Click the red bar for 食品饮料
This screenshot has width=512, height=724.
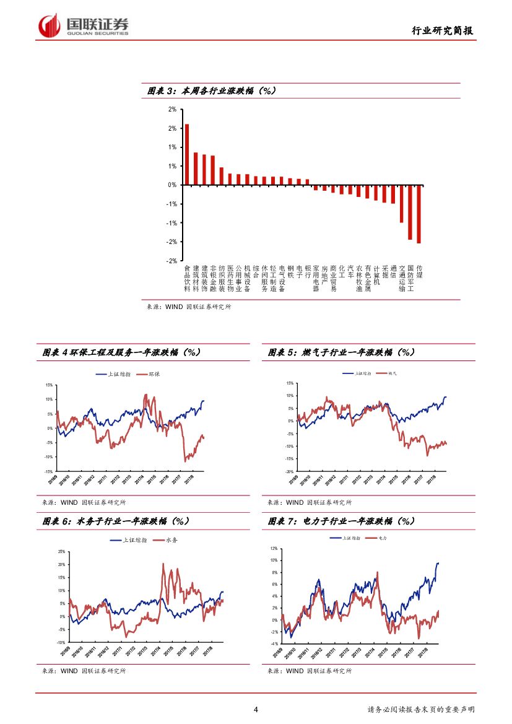pos(187,154)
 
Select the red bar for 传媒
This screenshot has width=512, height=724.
pos(419,214)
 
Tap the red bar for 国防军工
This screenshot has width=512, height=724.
pos(410,212)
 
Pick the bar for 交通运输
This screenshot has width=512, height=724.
pos(401,203)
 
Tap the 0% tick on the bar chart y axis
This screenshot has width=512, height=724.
pos(172,185)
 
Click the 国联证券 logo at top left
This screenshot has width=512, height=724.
pos(84,25)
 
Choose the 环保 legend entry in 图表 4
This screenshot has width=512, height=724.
pos(144,374)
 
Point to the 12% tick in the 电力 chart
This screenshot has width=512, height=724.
pos(273,549)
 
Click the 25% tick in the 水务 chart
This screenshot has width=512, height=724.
pos(61,551)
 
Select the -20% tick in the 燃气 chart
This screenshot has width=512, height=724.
pos(289,471)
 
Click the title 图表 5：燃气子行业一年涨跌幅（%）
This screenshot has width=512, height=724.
pos(341,352)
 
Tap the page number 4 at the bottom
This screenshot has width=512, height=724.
pos(256,709)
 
